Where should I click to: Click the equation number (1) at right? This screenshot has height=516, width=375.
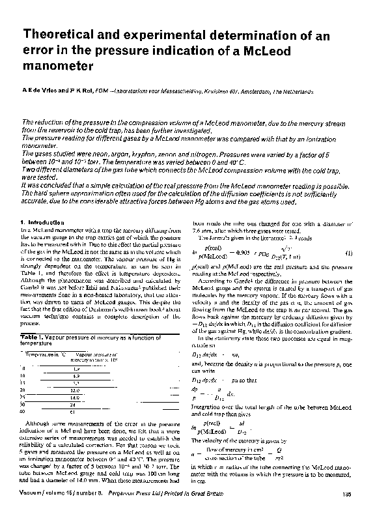click(348, 252)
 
